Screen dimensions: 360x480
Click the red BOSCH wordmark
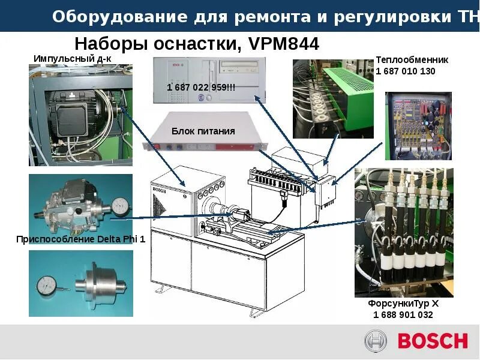(432, 341)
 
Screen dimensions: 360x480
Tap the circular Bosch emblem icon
(376, 341)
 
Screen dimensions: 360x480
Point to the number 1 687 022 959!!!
(201, 88)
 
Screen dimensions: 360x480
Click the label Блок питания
(203, 131)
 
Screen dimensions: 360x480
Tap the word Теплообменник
(412, 60)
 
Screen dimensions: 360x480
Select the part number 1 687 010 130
(406, 71)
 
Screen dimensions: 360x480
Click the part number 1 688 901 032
(403, 315)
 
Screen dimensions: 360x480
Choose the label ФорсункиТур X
(404, 304)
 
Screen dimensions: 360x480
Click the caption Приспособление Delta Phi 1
(81, 239)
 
